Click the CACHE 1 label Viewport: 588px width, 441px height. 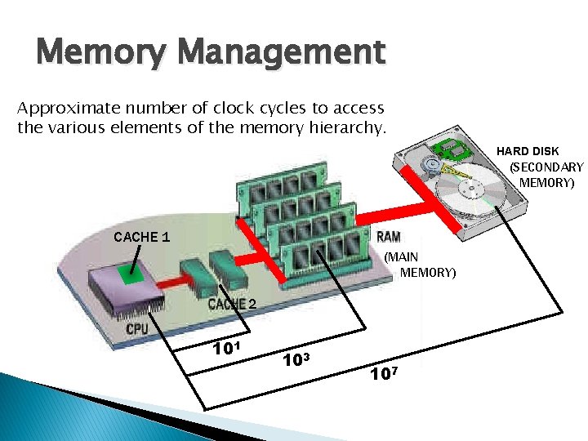142,238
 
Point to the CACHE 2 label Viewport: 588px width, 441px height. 232,305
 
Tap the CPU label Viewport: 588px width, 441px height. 137,329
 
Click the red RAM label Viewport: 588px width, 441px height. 388,238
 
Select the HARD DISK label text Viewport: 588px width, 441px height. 528,151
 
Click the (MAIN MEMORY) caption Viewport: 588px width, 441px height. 418,265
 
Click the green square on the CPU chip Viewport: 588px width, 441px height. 127,277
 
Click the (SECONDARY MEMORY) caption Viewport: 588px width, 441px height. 546,175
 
